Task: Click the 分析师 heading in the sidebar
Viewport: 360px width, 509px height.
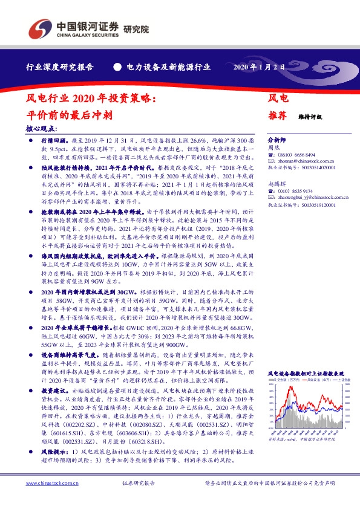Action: (277, 138)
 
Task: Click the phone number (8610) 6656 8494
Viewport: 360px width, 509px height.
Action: (295, 155)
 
